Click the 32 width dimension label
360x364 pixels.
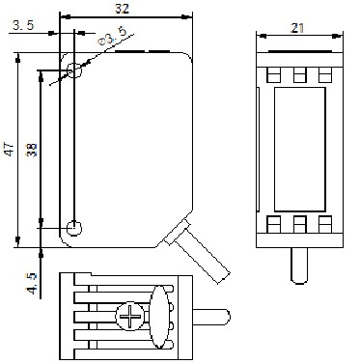pos(123,8)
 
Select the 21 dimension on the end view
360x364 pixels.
pos(297,28)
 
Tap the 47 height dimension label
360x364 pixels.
pos(10,149)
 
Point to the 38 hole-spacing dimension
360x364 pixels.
pos(32,150)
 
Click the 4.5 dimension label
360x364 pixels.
pos(32,283)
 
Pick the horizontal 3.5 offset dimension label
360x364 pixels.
pos(23,25)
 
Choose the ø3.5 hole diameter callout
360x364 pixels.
pos(113,37)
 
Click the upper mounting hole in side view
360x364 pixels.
pos(74,70)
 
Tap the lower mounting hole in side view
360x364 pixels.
pos(74,228)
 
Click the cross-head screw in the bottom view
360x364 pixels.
pos(130,316)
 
